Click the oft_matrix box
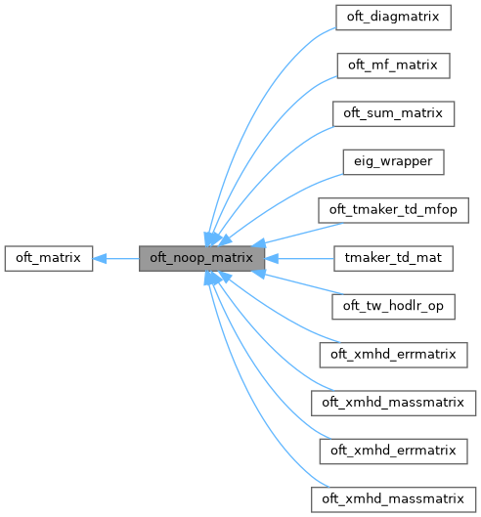click(48, 259)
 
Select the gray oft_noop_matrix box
click(202, 259)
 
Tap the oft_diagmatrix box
click(393, 18)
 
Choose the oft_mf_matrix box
click(393, 65)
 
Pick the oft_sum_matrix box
click(393, 113)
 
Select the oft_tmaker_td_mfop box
click(393, 210)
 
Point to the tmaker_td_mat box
click(393, 259)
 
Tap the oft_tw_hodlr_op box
click(393, 307)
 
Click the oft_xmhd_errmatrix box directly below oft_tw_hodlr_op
click(393, 355)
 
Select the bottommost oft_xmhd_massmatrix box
click(393, 499)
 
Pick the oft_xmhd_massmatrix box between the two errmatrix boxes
click(393, 403)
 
